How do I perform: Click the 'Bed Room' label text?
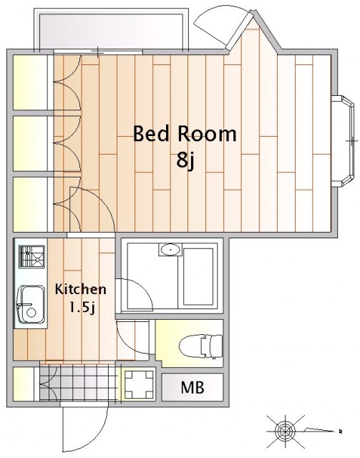pyautogui.click(x=185, y=135)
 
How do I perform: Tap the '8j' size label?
pyautogui.click(x=185, y=160)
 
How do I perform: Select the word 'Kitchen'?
pyautogui.click(x=80, y=289)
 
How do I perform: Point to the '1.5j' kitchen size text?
pyautogui.click(x=82, y=307)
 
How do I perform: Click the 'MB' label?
pyautogui.click(x=193, y=387)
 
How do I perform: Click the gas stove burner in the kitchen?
pyautogui.click(x=32, y=256)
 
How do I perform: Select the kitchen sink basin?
pyautogui.click(x=31, y=305)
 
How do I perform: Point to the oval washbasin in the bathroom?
pyautogui.click(x=170, y=250)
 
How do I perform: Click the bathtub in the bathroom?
pyautogui.click(x=198, y=277)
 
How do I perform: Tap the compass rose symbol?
pyautogui.click(x=283, y=430)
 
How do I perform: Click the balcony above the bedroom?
pyautogui.click(x=112, y=30)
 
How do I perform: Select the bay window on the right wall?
pyautogui.click(x=345, y=141)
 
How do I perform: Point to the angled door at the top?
pyautogui.click(x=240, y=30)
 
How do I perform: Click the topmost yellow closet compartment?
pyautogui.click(x=30, y=82)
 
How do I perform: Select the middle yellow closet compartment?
pyautogui.click(x=30, y=143)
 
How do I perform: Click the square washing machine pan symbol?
pyautogui.click(x=139, y=384)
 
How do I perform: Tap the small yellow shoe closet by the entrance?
pyautogui.click(x=24, y=384)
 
